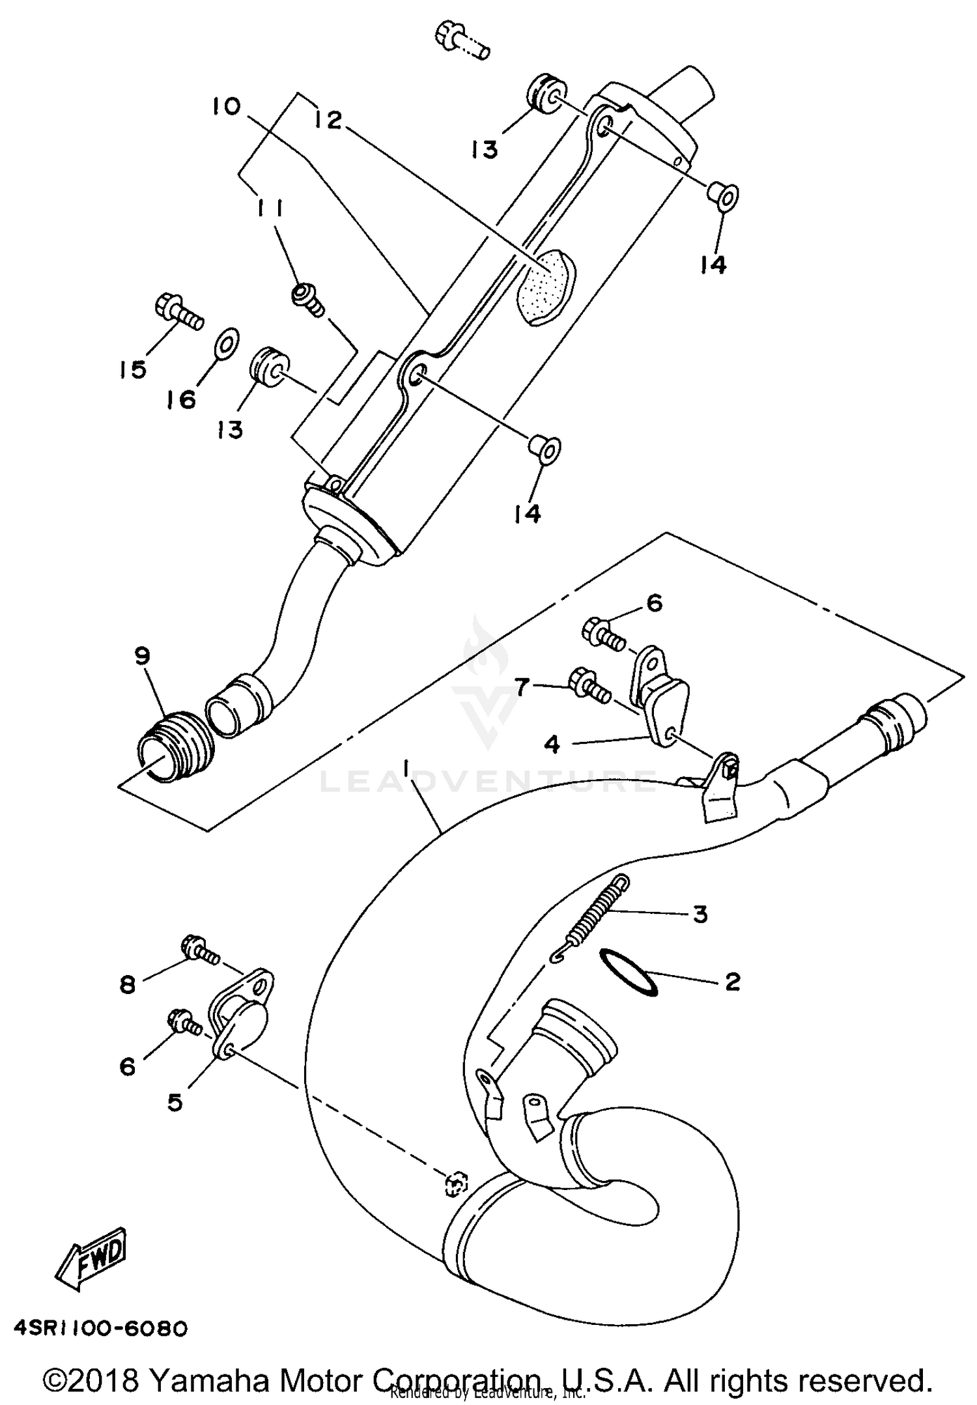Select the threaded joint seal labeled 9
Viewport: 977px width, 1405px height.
tap(174, 744)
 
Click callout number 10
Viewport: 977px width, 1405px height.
tap(226, 106)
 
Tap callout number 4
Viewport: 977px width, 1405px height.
tap(552, 744)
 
